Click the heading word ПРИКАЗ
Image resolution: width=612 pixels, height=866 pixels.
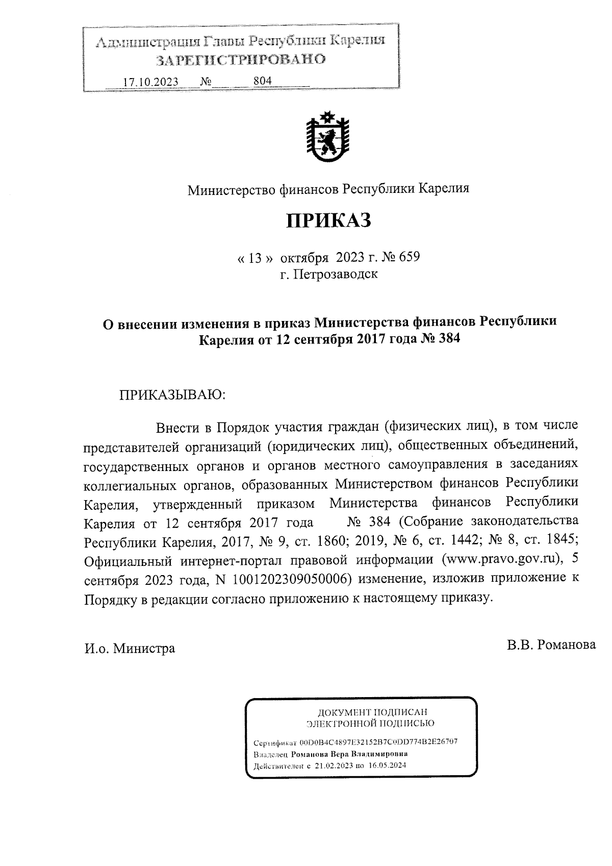click(x=328, y=221)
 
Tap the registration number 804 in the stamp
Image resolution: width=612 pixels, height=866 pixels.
click(x=262, y=81)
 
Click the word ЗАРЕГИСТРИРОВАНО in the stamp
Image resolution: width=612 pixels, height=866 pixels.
click(x=240, y=60)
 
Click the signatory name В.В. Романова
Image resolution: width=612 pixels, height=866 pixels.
click(x=551, y=645)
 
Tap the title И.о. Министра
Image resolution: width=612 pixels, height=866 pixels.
click(x=130, y=648)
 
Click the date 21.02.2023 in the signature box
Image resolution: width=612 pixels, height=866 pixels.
click(x=333, y=766)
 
